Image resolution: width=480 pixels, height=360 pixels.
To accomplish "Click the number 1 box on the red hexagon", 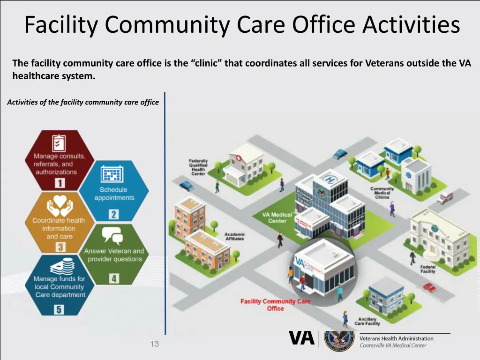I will coord(59,183).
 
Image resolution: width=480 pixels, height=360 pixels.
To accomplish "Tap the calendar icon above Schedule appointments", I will coord(113,174).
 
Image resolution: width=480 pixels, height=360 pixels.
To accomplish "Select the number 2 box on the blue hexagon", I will coord(113,215).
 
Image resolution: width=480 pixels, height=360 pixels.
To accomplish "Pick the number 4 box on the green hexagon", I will coord(114,278).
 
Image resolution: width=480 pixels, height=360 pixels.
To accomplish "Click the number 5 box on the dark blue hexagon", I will coord(59,309).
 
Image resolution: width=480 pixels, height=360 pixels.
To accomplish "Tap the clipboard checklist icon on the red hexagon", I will coord(59,142).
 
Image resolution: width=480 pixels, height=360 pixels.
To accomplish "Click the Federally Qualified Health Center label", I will coord(198,167).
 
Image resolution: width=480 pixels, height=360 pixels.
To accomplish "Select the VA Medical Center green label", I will coord(277,218).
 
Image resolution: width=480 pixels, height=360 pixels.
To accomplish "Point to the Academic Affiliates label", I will coord(234,237).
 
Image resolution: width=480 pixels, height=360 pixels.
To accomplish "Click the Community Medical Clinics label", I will coord(382,193).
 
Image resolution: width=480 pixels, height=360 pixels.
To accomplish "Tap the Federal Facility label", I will coord(427,269).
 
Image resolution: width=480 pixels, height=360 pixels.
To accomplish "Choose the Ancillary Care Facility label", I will coord(367,321).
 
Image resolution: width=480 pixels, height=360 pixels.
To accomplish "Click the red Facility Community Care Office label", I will coord(275,305).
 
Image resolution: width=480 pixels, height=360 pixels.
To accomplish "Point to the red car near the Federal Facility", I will coord(429,287).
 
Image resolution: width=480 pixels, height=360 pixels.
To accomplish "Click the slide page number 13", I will coord(155,344).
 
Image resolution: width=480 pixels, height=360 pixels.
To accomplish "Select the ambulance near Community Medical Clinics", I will coord(444,197).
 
